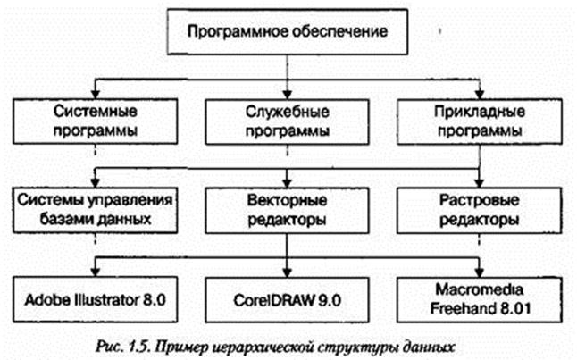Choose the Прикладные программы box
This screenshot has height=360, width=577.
click(x=482, y=122)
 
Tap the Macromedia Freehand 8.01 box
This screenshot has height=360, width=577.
click(x=483, y=298)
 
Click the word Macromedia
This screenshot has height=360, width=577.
click(x=483, y=290)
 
